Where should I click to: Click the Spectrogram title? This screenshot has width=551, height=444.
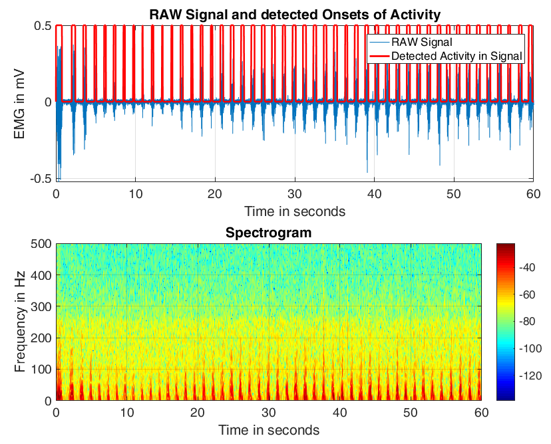pos(268,233)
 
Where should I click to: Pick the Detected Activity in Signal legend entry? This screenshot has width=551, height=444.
pos(457,56)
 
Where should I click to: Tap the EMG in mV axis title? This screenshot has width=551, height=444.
pos(21,102)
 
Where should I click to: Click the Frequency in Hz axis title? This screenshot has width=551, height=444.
pos(21,322)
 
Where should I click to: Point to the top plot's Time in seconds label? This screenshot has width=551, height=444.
pos(295,211)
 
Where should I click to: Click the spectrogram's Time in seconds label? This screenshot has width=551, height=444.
pos(268,429)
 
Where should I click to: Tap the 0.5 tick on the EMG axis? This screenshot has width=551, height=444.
pos(43,25)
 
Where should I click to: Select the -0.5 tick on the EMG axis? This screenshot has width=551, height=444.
pos(42,179)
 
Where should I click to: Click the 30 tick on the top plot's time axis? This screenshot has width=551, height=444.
pos(295,193)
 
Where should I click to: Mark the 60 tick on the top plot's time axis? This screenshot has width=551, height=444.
pos(533,193)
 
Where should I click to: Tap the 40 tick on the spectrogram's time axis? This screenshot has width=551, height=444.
pos(339,413)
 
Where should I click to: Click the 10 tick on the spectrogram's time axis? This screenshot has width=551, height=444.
pos(127,413)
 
